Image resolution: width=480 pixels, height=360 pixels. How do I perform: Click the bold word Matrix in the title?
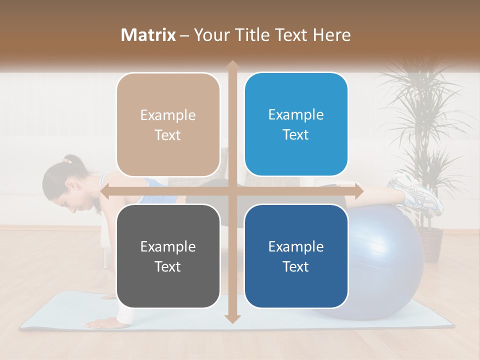click(148, 35)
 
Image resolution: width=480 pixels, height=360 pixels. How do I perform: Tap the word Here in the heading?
click(332, 35)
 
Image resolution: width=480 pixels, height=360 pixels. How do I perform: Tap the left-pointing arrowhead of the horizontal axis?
click(105, 191)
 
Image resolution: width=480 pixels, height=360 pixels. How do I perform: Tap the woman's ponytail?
click(73, 161)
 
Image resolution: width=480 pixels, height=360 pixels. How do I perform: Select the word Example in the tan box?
click(168, 115)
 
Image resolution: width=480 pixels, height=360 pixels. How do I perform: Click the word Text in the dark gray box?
click(168, 266)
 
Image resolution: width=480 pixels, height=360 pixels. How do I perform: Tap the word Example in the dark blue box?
click(296, 246)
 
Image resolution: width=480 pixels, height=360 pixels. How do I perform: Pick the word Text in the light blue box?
click(296, 134)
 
